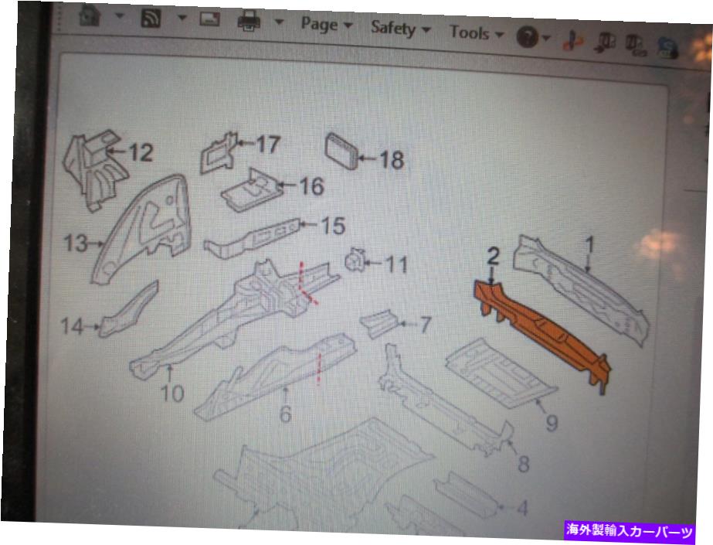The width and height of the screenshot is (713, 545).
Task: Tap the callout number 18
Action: (392, 160)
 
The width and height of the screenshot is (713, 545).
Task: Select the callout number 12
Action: (141, 152)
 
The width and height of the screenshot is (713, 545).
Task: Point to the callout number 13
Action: (76, 243)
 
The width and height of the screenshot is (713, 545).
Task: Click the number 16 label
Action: (311, 186)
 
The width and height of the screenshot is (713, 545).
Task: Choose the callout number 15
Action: (333, 226)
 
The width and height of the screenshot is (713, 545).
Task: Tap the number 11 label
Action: (396, 264)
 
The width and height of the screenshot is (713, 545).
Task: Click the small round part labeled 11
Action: (355, 261)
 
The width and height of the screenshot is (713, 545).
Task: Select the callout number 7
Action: (425, 325)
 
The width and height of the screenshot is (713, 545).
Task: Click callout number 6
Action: (285, 414)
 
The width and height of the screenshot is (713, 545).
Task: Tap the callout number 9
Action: (552, 423)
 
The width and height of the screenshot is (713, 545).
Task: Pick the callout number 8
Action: (524, 464)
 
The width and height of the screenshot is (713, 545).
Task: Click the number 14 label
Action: (73, 326)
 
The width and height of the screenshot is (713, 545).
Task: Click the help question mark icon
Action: (528, 36)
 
